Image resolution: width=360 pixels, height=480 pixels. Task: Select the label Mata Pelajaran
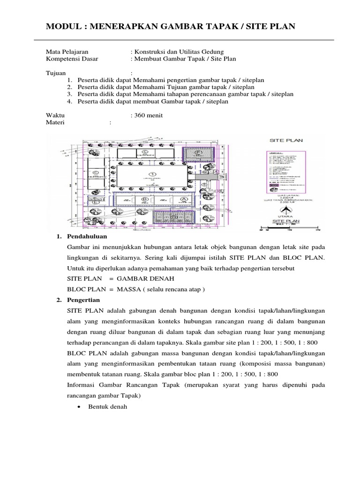[x=67, y=52]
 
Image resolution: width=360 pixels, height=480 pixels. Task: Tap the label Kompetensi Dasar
[x=69, y=59]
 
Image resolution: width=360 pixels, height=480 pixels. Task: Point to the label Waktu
[x=55, y=115]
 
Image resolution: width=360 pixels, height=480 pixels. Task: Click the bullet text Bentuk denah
[x=107, y=406]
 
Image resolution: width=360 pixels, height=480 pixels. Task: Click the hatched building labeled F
[x=199, y=153]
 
